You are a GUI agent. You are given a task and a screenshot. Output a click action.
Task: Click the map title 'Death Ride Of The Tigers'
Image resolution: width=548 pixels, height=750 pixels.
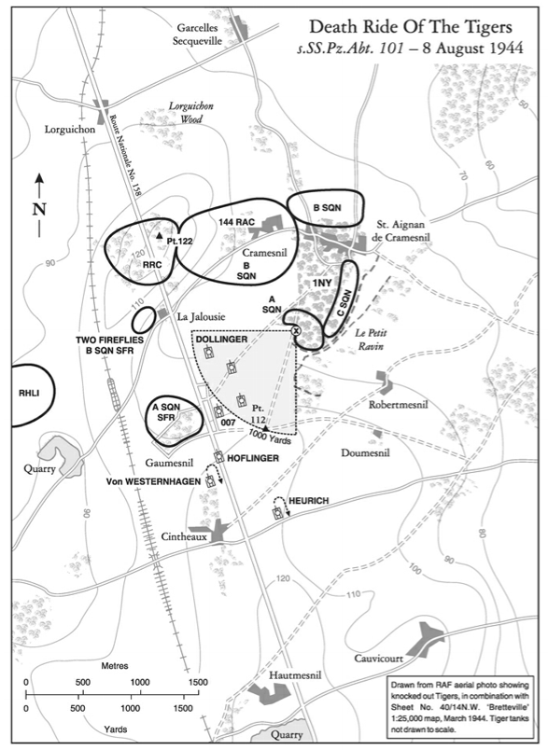411,27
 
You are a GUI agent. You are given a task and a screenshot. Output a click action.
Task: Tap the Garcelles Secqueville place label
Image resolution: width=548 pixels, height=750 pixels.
197,35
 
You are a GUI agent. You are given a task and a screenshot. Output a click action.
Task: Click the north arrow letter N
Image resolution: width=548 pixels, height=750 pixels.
39,210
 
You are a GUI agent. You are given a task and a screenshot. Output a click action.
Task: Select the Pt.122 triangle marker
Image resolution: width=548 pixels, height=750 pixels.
160,235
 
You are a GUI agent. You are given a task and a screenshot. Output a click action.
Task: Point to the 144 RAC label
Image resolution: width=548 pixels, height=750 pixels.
236,222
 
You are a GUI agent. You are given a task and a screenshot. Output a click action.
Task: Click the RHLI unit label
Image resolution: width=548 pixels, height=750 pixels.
29,393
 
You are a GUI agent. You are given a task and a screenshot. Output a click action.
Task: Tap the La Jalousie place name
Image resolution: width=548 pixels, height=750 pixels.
201,316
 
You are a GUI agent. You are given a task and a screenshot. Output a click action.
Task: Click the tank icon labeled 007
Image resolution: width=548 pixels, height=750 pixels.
218,411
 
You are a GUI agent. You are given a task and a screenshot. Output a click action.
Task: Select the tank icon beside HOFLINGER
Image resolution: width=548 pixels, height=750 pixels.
219,456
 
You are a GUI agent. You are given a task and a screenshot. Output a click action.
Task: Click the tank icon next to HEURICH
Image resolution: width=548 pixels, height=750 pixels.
277,514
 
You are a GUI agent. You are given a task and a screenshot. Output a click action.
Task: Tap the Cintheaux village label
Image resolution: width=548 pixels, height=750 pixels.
184,536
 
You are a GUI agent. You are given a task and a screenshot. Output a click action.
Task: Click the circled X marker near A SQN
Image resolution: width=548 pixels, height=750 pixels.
295,330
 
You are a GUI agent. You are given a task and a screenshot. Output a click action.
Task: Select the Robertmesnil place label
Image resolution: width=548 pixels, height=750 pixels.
399,405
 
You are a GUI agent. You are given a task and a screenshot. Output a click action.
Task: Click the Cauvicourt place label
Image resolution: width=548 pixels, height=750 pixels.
379,659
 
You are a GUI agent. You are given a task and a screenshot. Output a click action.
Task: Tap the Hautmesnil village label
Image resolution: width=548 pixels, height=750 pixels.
295,675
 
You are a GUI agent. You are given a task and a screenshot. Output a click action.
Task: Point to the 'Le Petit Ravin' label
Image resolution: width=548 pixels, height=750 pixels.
372,339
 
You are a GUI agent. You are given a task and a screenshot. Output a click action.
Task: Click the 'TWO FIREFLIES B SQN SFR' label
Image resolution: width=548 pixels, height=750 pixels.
109,345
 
